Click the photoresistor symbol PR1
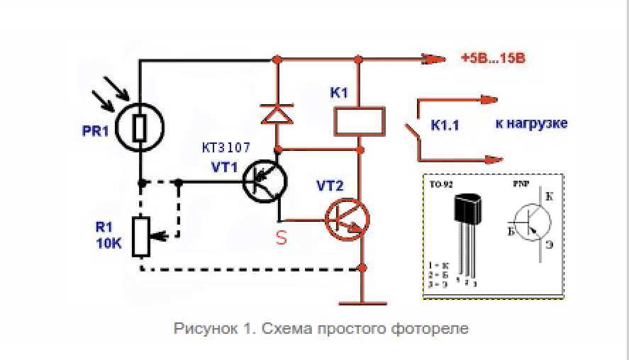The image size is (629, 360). click(x=140, y=128)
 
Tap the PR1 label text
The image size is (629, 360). click(x=95, y=131)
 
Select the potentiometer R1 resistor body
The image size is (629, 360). click(x=141, y=237)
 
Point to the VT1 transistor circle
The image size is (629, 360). click(x=264, y=181)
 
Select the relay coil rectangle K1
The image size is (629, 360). click(x=360, y=121)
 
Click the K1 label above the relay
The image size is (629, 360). click(x=339, y=93)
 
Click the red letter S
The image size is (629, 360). click(x=282, y=239)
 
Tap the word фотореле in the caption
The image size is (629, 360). click(x=438, y=329)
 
